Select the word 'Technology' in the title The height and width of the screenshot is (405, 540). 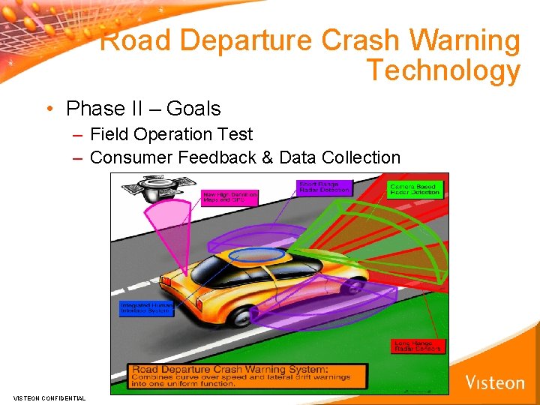[x=442, y=71]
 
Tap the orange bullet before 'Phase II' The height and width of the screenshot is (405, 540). [x=48, y=109]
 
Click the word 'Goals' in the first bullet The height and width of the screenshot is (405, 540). [x=193, y=109]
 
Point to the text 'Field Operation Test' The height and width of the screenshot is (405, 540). [x=171, y=134]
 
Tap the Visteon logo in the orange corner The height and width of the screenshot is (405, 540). [x=495, y=382]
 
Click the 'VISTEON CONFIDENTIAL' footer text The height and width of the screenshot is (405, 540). [x=49, y=398]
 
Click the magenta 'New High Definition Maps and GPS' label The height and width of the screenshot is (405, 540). [x=229, y=197]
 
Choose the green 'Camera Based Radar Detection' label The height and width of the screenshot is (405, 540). [x=415, y=189]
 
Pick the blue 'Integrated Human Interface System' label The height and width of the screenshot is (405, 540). [x=146, y=308]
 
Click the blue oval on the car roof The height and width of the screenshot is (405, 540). [x=256, y=255]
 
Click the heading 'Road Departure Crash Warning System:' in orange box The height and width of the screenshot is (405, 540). [x=229, y=369]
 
